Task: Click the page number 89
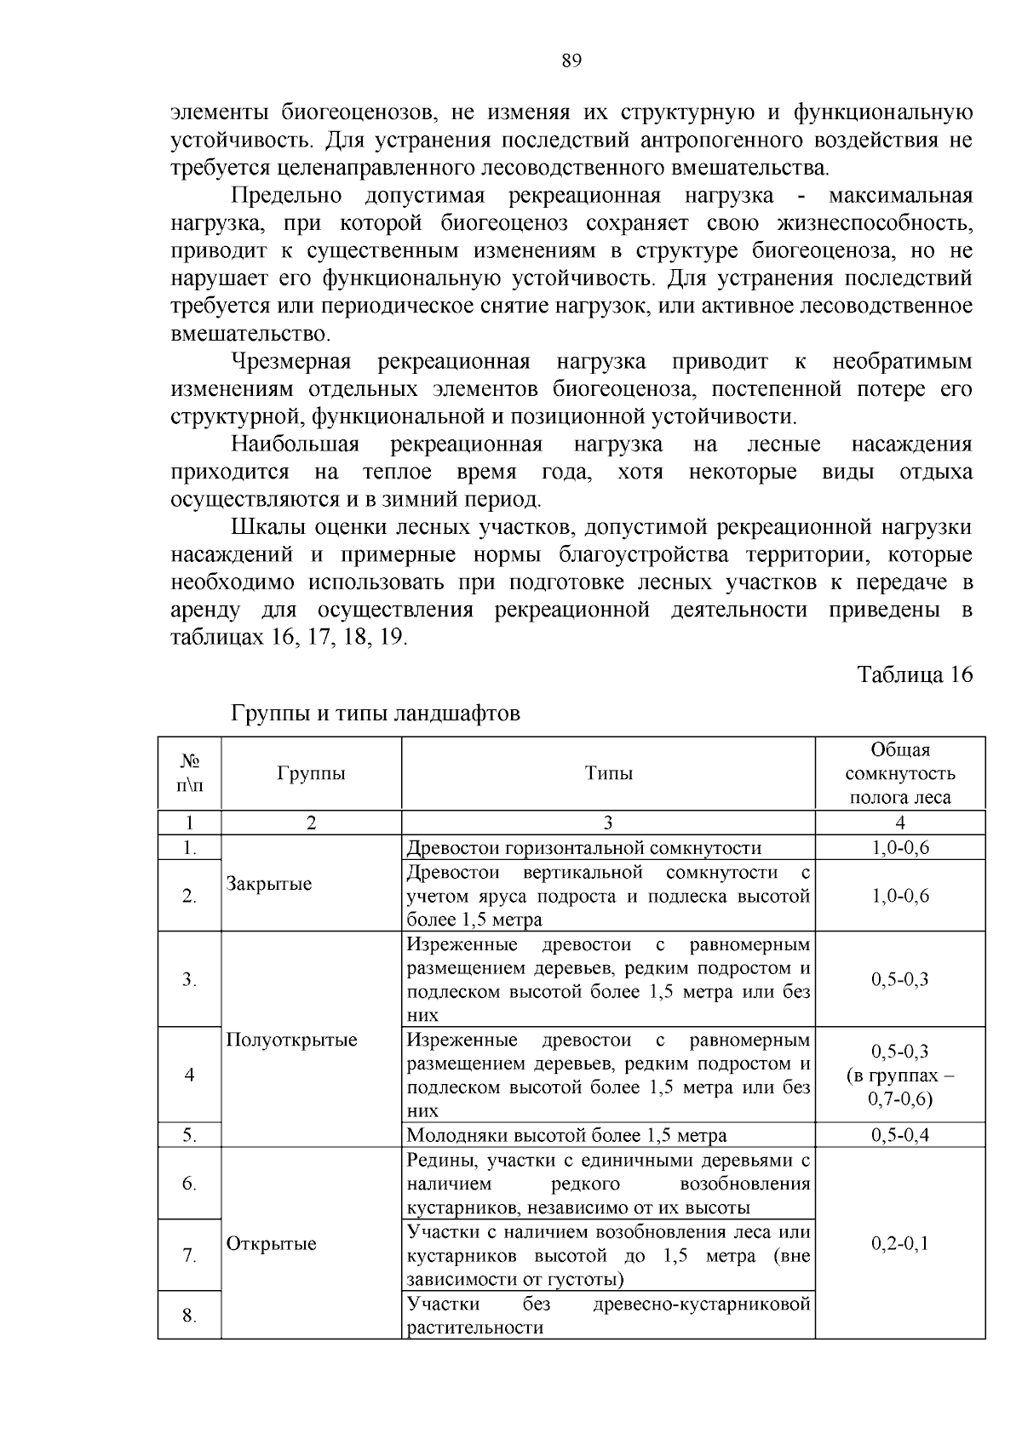coord(571,60)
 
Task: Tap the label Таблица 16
coord(914,674)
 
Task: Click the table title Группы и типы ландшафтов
coord(375,714)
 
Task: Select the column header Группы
coord(311,773)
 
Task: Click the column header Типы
coord(608,773)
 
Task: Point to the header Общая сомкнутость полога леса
coord(899,773)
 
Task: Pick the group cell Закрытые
coord(269,884)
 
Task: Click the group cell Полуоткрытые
coord(291,1040)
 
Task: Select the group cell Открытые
coord(271,1243)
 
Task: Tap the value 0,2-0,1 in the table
coord(899,1243)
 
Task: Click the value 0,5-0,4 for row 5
coord(899,1135)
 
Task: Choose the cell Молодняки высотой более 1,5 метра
coord(566,1135)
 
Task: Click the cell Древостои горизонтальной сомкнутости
coord(583,847)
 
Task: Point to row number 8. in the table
coord(189,1316)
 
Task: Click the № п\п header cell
coord(189,773)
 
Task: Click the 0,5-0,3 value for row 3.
coord(899,979)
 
